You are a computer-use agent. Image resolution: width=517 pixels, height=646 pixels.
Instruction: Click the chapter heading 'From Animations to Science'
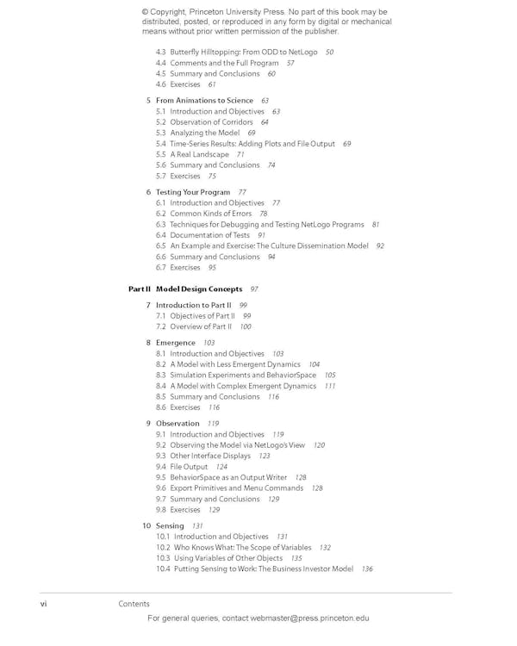(x=204, y=101)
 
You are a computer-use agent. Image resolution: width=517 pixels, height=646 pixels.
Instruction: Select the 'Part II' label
(x=140, y=289)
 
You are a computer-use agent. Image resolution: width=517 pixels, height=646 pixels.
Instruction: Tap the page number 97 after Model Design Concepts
(x=254, y=289)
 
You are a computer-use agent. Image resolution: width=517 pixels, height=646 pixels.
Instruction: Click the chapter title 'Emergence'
(x=176, y=343)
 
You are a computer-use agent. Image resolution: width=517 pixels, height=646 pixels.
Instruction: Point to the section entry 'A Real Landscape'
(x=199, y=154)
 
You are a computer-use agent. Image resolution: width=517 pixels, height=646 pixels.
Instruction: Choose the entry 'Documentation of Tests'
(x=209, y=235)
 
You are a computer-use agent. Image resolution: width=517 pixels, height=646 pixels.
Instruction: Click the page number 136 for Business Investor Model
(x=367, y=569)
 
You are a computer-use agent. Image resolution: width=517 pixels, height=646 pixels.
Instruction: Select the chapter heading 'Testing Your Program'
(x=193, y=192)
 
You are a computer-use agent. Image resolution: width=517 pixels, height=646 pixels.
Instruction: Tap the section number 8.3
(x=161, y=376)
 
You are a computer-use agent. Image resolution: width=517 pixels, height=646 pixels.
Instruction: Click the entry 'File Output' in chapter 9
(x=189, y=467)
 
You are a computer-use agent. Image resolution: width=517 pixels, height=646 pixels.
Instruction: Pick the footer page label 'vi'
(x=44, y=604)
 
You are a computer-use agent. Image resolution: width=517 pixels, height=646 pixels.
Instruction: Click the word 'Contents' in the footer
(x=134, y=604)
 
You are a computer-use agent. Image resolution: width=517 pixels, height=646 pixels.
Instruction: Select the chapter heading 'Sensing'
(x=170, y=526)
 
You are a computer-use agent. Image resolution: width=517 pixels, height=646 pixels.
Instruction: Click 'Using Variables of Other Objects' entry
(x=228, y=558)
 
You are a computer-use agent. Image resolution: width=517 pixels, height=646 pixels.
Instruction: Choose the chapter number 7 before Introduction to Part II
(x=148, y=306)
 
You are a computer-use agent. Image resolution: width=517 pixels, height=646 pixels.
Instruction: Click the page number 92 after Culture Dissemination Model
(x=380, y=246)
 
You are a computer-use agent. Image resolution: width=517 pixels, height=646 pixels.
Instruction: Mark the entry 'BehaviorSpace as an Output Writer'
(x=228, y=477)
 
